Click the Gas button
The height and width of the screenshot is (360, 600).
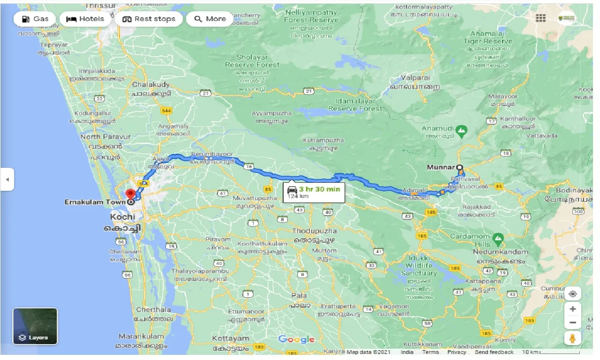click(x=35, y=19)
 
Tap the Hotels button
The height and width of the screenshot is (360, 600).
click(x=85, y=19)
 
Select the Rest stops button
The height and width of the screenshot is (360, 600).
click(x=148, y=19)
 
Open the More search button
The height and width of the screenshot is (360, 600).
click(x=210, y=19)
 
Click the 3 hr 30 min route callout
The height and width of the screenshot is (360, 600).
click(x=314, y=192)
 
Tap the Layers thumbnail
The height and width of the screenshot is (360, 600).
click(x=35, y=326)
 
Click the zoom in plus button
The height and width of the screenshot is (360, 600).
click(x=572, y=309)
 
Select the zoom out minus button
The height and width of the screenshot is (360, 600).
click(x=572, y=322)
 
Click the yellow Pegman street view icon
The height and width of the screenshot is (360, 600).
click(x=572, y=338)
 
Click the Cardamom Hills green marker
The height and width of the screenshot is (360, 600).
click(x=498, y=239)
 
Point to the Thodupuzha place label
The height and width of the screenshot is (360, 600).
click(x=314, y=231)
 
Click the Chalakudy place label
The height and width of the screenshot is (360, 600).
click(x=151, y=85)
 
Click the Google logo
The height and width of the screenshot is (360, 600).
click(x=296, y=339)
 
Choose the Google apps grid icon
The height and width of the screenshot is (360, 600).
click(x=540, y=18)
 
